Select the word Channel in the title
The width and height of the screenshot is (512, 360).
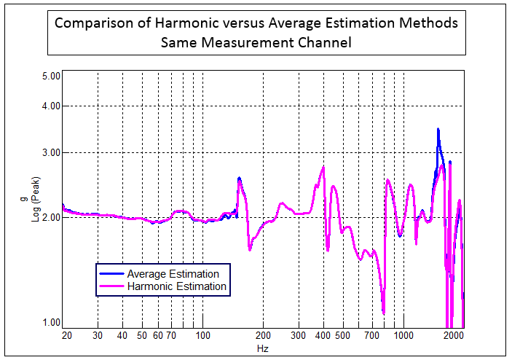point(320,43)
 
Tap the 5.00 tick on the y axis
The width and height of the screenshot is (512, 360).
point(50,76)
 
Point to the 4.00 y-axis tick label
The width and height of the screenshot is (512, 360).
point(50,106)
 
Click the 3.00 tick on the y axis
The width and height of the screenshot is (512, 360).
point(50,153)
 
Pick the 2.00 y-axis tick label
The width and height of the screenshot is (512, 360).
point(50,217)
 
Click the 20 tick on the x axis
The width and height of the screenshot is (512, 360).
point(66,335)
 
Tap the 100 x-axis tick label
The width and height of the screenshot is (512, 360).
point(203,335)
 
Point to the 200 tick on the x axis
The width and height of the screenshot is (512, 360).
point(264,335)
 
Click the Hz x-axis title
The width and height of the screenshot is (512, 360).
point(263,349)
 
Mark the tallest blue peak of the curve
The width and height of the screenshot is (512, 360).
point(438,130)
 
